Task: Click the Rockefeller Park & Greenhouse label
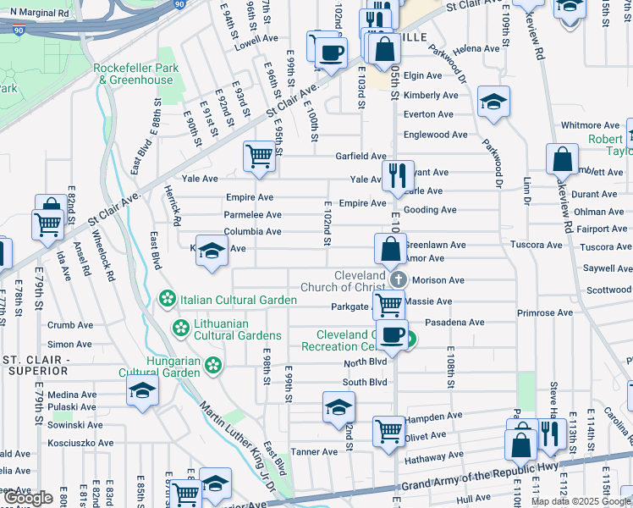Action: (135, 74)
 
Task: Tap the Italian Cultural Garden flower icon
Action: (168, 300)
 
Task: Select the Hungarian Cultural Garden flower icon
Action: (214, 366)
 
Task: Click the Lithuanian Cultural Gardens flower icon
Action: (180, 328)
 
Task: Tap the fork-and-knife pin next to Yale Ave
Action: (396, 175)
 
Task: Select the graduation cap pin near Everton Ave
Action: (493, 102)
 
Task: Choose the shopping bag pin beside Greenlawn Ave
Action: (390, 249)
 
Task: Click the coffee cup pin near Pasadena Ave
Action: (392, 334)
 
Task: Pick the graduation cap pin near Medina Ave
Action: (142, 390)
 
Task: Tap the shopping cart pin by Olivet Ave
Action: (388, 429)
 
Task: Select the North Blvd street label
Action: (365, 363)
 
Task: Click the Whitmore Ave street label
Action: (591, 125)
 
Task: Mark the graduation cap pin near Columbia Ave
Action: (212, 251)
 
